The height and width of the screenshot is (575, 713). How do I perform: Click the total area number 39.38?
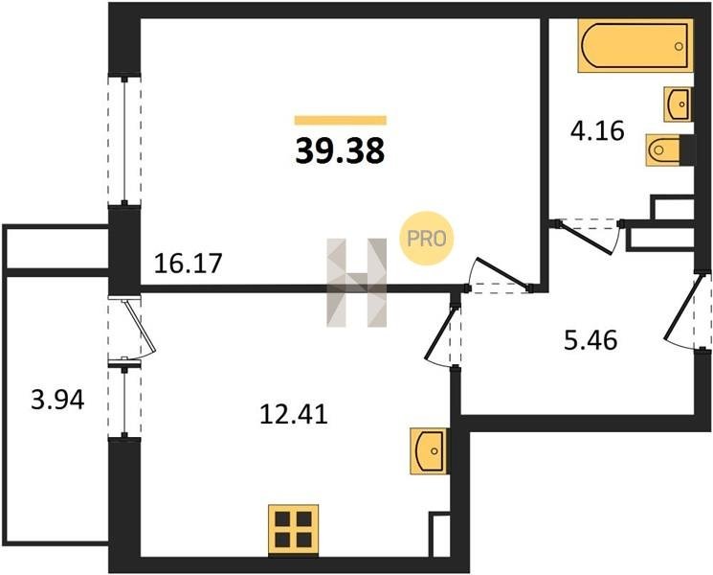340,151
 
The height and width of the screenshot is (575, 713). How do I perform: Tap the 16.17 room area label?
188,264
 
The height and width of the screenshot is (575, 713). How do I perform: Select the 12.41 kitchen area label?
294,415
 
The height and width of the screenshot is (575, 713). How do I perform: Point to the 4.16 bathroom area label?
597,131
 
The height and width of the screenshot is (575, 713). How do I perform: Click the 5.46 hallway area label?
590,340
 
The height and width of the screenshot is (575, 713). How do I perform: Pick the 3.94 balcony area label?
57,401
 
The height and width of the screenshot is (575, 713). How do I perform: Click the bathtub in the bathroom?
635,46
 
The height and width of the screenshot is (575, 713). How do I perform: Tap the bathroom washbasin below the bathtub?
678,104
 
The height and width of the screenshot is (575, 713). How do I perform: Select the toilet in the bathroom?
667,149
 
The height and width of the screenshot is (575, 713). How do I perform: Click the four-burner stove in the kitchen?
293,529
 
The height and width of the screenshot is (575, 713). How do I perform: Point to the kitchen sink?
429,450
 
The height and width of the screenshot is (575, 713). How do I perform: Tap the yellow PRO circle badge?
427,239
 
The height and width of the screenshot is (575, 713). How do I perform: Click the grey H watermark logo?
356,283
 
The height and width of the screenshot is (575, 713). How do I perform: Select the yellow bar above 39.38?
341,120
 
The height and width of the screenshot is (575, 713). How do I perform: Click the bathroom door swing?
588,236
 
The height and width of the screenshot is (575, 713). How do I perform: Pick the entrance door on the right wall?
687,311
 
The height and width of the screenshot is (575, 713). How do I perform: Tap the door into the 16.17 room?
499,276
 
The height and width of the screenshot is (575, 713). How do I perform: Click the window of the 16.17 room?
124,141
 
